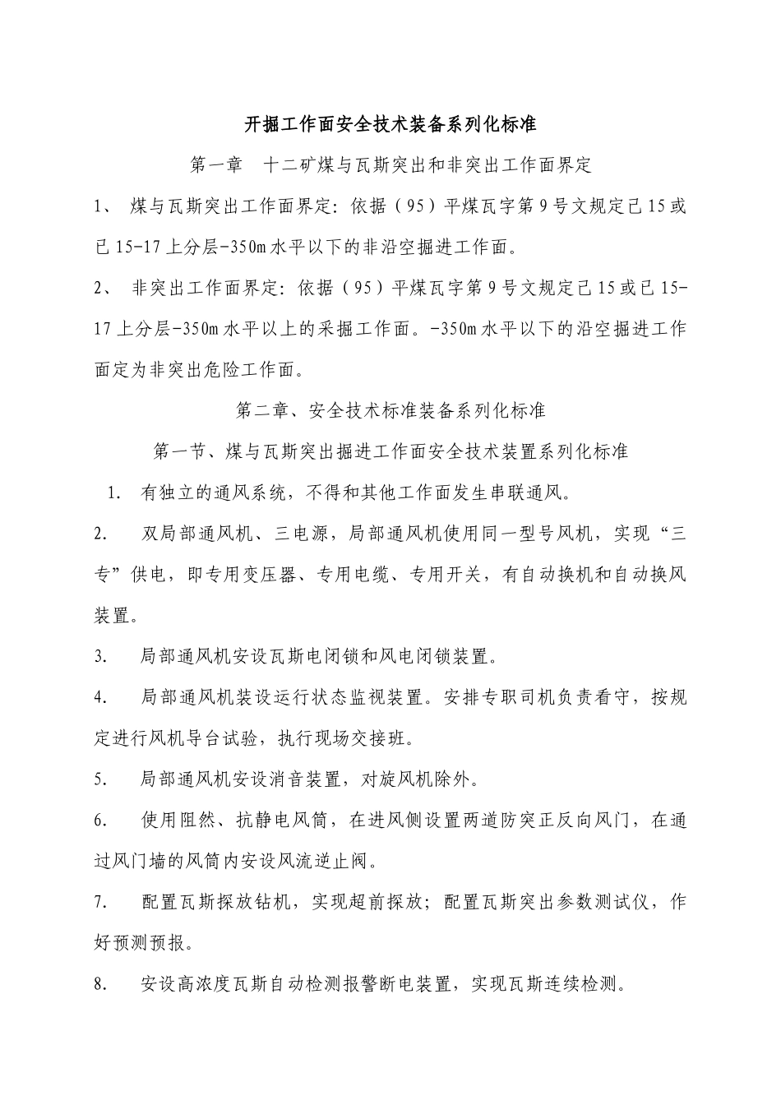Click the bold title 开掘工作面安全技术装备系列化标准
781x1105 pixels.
(390, 125)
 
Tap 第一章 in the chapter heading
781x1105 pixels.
(217, 166)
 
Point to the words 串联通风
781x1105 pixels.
(522, 493)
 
